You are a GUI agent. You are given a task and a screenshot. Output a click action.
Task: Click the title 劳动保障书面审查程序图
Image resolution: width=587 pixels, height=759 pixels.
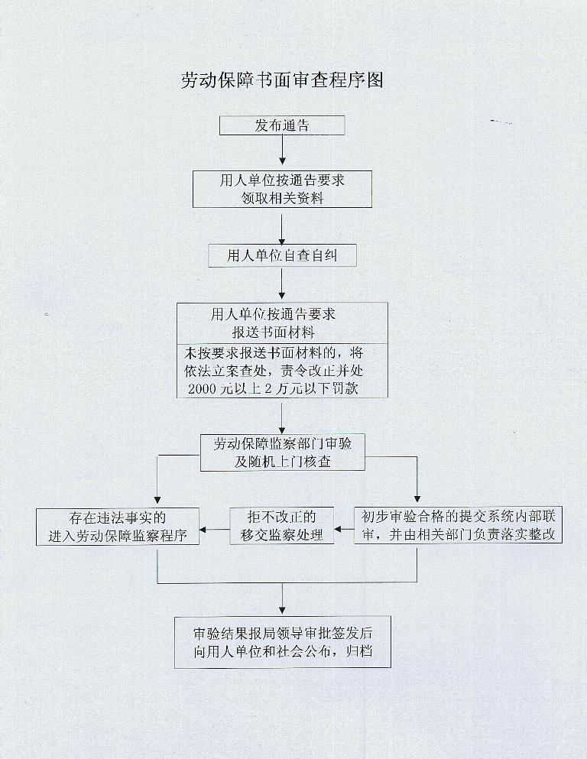pos(281,80)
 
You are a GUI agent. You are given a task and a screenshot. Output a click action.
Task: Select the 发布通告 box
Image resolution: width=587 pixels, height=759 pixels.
pos(282,125)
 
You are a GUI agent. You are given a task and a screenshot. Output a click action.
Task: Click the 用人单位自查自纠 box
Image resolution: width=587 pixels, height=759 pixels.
pos(282,255)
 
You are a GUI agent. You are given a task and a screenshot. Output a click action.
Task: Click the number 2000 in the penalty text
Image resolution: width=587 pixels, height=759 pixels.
pos(202,388)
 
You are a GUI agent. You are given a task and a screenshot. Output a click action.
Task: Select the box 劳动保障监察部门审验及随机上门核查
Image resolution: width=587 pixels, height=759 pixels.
pos(282,453)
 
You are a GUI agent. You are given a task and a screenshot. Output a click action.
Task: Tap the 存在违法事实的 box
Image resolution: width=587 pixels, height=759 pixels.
pos(118,527)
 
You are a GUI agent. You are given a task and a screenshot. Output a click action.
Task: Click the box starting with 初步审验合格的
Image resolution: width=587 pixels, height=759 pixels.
pos(458,527)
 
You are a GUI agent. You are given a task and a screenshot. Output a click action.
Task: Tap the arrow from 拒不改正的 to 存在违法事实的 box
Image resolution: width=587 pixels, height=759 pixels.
pos(215,527)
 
